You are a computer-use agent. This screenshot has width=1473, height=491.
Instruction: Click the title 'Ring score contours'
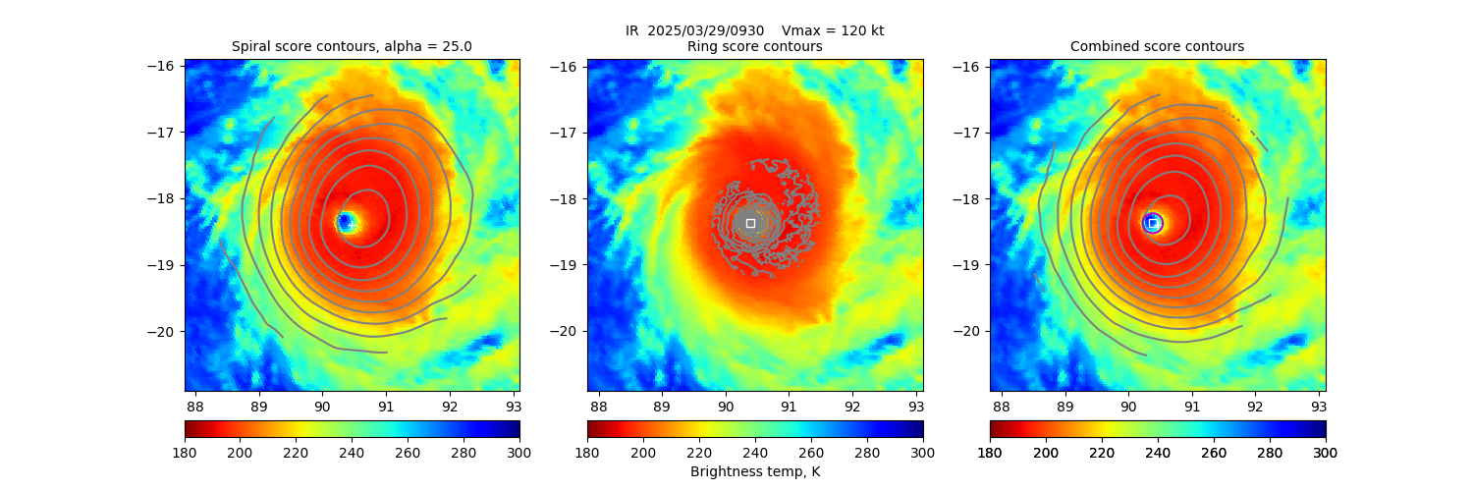point(754,46)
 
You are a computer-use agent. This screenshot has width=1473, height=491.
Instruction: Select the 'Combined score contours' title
point(1157,46)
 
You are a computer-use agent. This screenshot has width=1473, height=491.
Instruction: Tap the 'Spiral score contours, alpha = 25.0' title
point(352,46)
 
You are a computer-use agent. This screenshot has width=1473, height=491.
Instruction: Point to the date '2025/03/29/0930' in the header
point(705,30)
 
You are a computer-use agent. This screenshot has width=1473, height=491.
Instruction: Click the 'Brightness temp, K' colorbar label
point(754,471)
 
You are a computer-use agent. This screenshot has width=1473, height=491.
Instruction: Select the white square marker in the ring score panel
point(750,223)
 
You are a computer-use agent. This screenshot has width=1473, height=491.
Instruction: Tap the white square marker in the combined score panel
point(1153,223)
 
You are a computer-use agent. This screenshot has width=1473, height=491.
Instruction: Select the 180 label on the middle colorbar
point(587,452)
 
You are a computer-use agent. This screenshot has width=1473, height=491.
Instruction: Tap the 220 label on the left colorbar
point(297,452)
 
